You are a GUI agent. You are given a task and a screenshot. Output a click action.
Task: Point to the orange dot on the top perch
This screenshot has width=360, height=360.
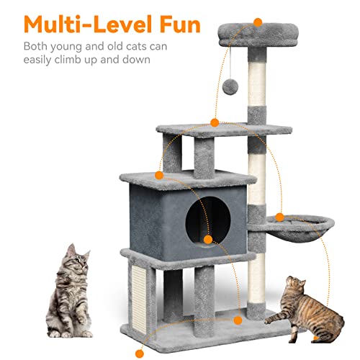[259, 23]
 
